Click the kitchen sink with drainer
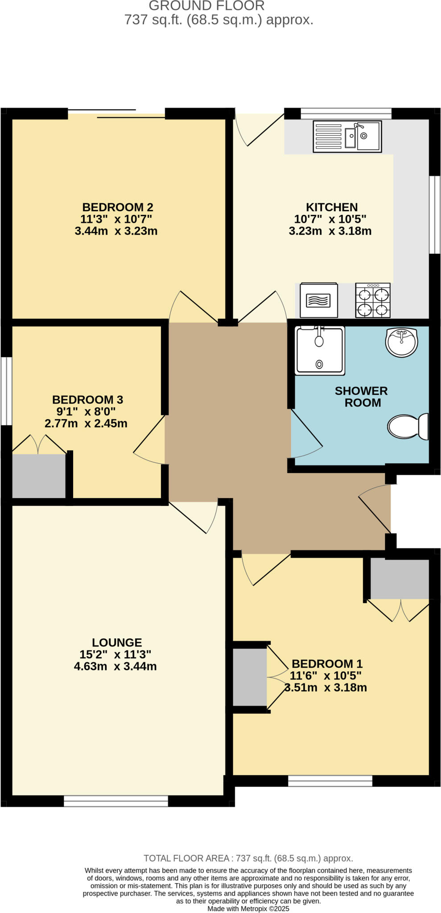pyautogui.click(x=347, y=136)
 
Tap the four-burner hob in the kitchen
pyautogui.click(x=372, y=300)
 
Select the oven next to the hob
pyautogui.click(x=318, y=300)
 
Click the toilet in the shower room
pyautogui.click(x=408, y=427)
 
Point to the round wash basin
pyautogui.click(x=401, y=342)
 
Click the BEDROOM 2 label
pyautogui.click(x=117, y=207)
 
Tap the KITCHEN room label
pyautogui.click(x=331, y=207)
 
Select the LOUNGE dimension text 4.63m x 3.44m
pyautogui.click(x=115, y=666)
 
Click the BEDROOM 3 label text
pyautogui.click(x=87, y=399)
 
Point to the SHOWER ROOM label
pyautogui.click(x=361, y=397)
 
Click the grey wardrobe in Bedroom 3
pyautogui.click(x=39, y=476)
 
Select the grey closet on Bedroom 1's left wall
pyautogui.click(x=250, y=677)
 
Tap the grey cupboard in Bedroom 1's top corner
pyautogui.click(x=400, y=579)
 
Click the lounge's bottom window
pyautogui.click(x=115, y=801)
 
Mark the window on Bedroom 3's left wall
pyautogui.click(x=6, y=391)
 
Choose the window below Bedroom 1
pyautogui.click(x=330, y=781)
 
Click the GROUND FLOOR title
pyautogui.click(x=206, y=6)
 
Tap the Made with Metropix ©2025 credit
pyautogui.click(x=248, y=909)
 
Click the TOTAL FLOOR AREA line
pyautogui.click(x=248, y=858)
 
